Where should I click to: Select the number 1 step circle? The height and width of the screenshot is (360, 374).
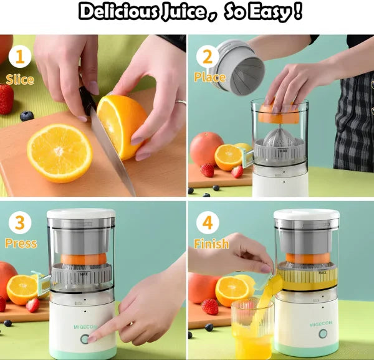tap(20, 57)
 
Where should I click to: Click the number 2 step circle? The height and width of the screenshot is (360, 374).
tap(206, 57)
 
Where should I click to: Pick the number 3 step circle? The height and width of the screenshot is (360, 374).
tap(19, 223)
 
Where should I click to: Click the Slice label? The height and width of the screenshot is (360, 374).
tap(20, 80)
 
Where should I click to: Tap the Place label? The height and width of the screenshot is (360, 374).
tap(209, 78)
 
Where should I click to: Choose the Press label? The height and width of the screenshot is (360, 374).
tap(21, 244)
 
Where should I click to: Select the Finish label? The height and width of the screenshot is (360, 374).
tap(211, 244)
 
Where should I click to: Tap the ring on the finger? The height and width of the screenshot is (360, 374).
tap(180, 103)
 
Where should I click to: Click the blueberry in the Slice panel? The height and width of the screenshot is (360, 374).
tap(26, 116)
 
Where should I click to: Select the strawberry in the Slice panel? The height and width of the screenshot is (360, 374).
tap(6, 99)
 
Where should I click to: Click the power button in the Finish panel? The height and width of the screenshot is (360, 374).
tap(323, 334)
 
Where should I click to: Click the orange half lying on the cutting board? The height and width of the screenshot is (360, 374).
tap(59, 153)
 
